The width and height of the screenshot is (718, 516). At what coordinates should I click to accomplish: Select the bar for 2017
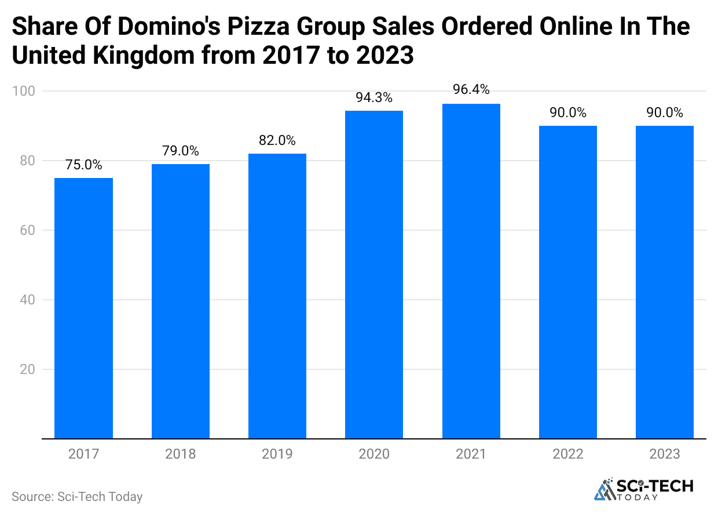point(83,308)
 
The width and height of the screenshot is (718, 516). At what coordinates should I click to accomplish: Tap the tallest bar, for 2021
point(471,271)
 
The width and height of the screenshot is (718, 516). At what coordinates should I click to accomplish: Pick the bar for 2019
point(277,296)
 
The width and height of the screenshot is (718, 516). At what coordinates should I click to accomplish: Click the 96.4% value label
point(471,90)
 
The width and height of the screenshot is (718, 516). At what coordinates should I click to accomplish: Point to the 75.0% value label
point(83,165)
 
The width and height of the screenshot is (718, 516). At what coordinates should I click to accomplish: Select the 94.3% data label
point(374,98)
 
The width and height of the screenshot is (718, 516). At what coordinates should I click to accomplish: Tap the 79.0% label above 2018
point(181,151)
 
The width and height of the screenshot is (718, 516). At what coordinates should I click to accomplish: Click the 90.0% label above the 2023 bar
point(665,113)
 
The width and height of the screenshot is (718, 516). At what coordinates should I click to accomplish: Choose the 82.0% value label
point(277,141)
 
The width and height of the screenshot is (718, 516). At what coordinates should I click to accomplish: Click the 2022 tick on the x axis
point(568,454)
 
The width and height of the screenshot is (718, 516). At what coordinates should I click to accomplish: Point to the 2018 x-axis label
point(181,454)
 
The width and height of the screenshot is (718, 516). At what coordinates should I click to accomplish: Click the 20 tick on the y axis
point(27,370)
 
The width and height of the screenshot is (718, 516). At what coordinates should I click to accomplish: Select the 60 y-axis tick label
point(27,231)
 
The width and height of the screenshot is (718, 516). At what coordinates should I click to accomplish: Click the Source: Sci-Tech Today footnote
point(77,497)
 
